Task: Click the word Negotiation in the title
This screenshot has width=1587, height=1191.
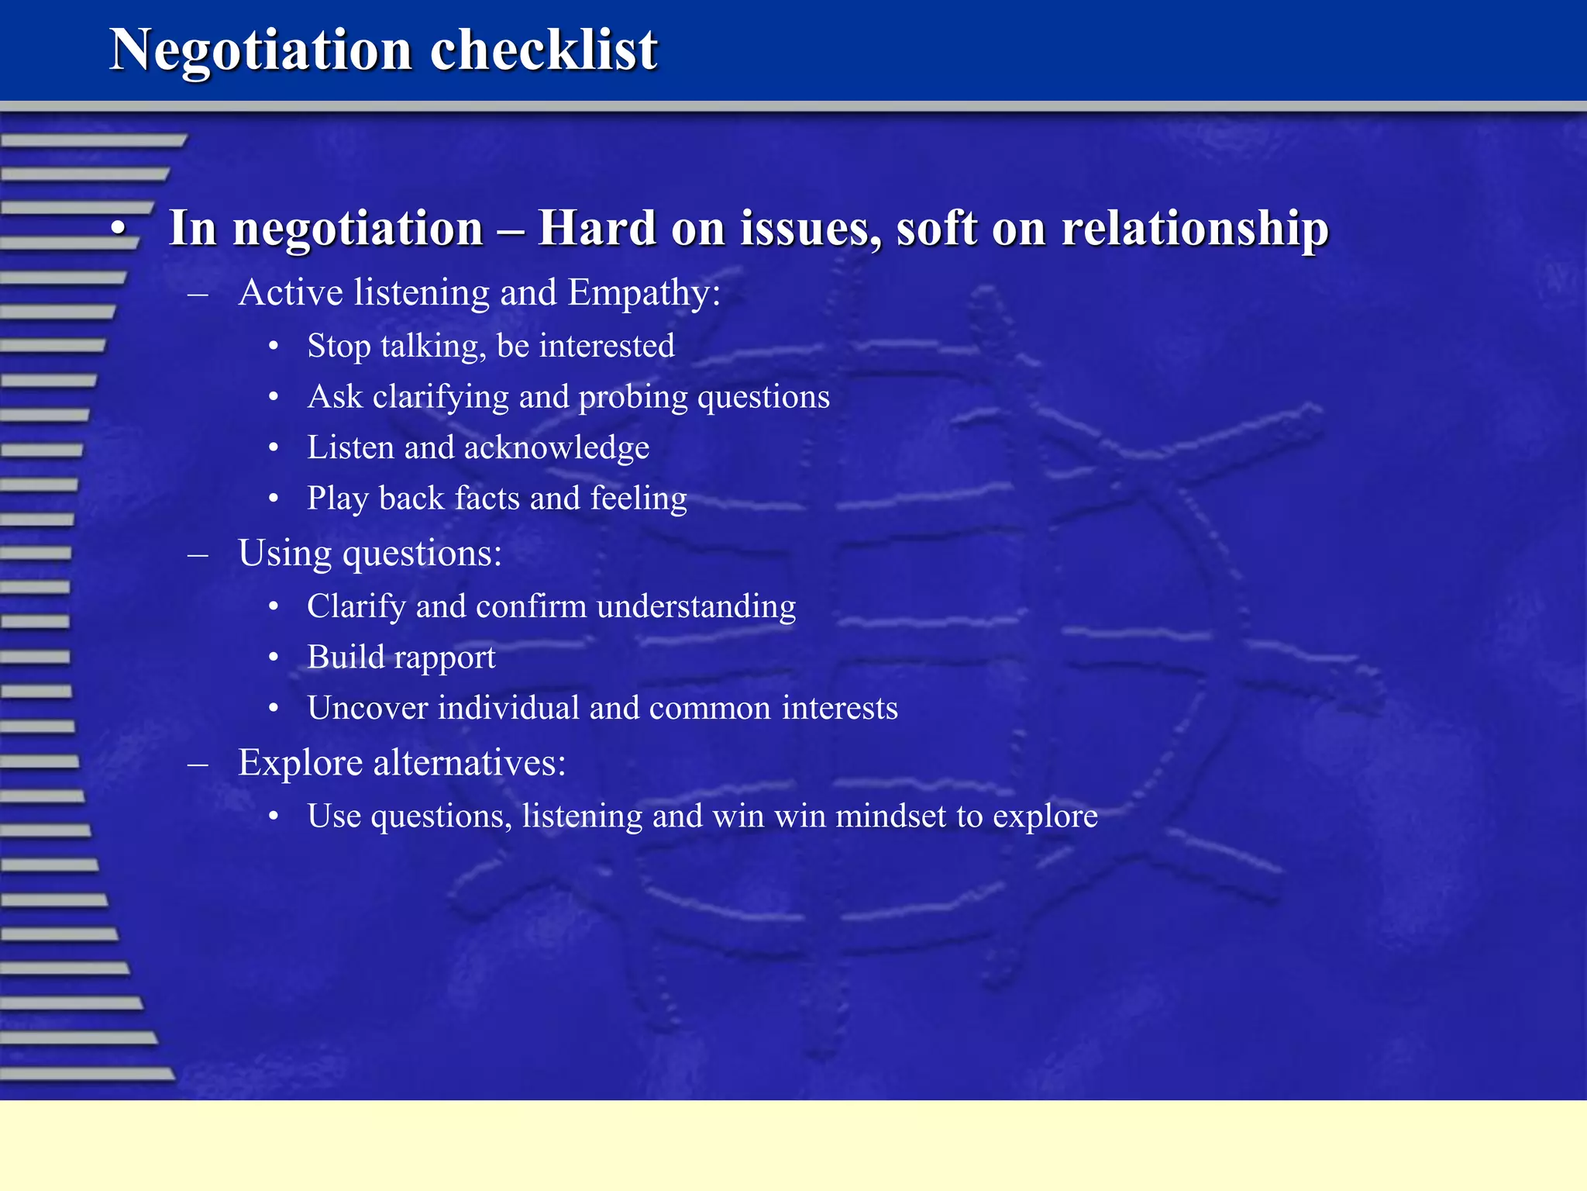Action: (x=260, y=51)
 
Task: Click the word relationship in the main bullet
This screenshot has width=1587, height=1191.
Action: (x=1195, y=229)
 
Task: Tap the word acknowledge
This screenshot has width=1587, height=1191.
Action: (x=556, y=448)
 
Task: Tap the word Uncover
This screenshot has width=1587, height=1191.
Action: (x=367, y=708)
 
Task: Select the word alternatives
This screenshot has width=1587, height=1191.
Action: (x=470, y=763)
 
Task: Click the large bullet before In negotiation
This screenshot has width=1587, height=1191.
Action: (x=118, y=230)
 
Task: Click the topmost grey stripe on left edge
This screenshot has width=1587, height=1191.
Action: (x=93, y=140)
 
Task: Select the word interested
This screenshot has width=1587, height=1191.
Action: (x=607, y=347)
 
